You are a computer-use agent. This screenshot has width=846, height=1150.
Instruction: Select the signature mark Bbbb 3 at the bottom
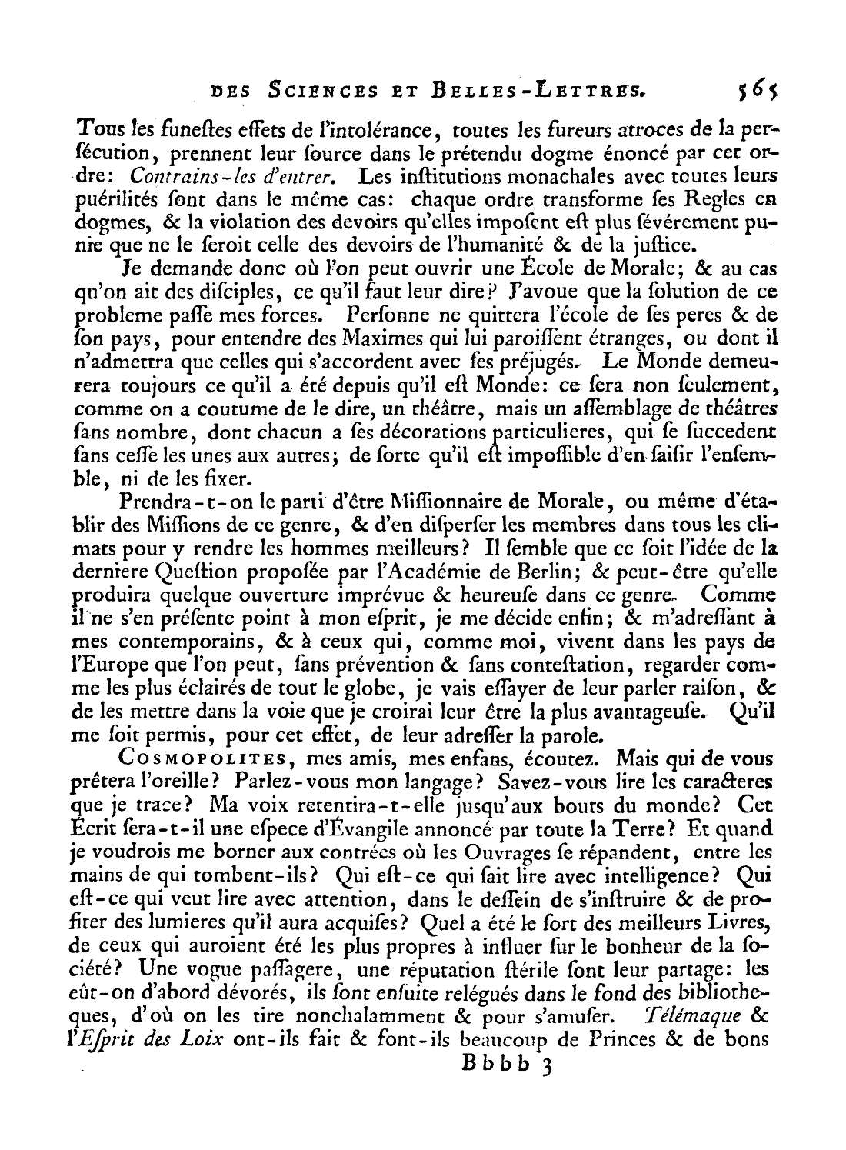[x=502, y=1065]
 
